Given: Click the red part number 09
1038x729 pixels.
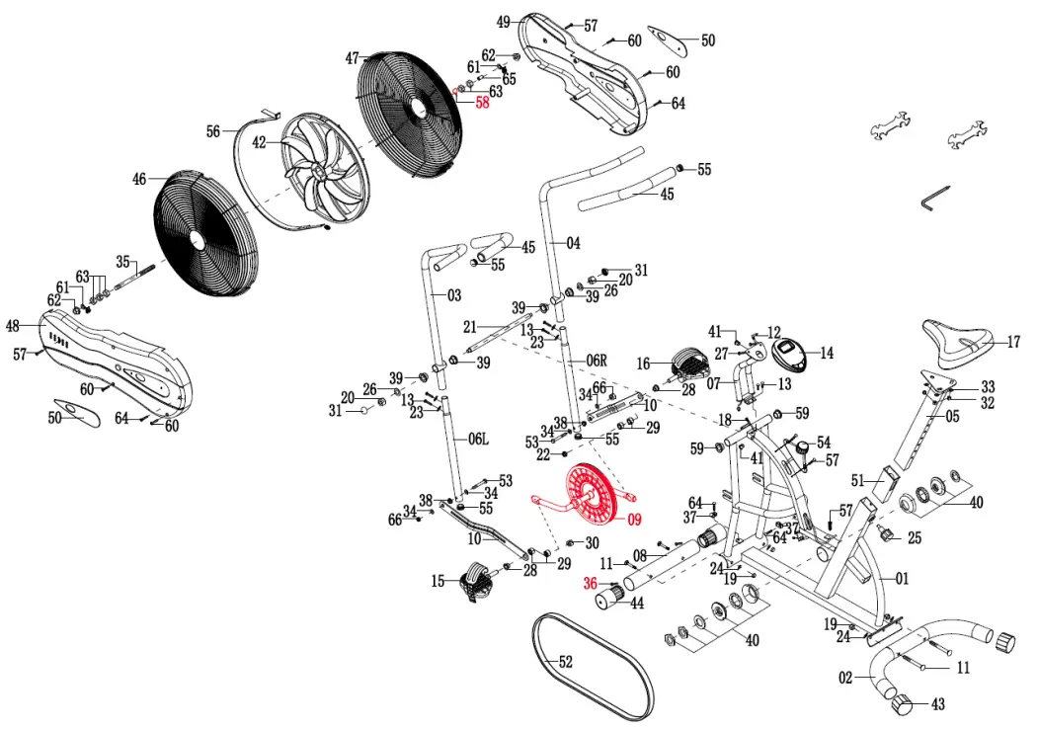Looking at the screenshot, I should pyautogui.click(x=633, y=519).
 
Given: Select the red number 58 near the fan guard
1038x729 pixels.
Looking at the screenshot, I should pyautogui.click(x=482, y=102).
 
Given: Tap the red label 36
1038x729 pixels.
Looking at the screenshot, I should pyautogui.click(x=591, y=584).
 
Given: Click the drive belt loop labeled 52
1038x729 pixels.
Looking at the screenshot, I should pyautogui.click(x=592, y=662).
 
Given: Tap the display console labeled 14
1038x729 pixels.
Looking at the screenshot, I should pyautogui.click(x=792, y=351).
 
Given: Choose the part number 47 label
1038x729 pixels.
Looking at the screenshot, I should pyautogui.click(x=353, y=58).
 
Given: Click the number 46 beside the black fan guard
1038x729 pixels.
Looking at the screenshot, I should pyautogui.click(x=139, y=180).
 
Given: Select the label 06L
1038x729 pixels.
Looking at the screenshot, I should pyautogui.click(x=478, y=439).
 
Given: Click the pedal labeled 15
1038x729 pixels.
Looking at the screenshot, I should pyautogui.click(x=475, y=580).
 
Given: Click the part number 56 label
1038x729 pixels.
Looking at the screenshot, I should pyautogui.click(x=213, y=131).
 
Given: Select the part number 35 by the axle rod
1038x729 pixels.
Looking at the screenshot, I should pyautogui.click(x=122, y=262).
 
